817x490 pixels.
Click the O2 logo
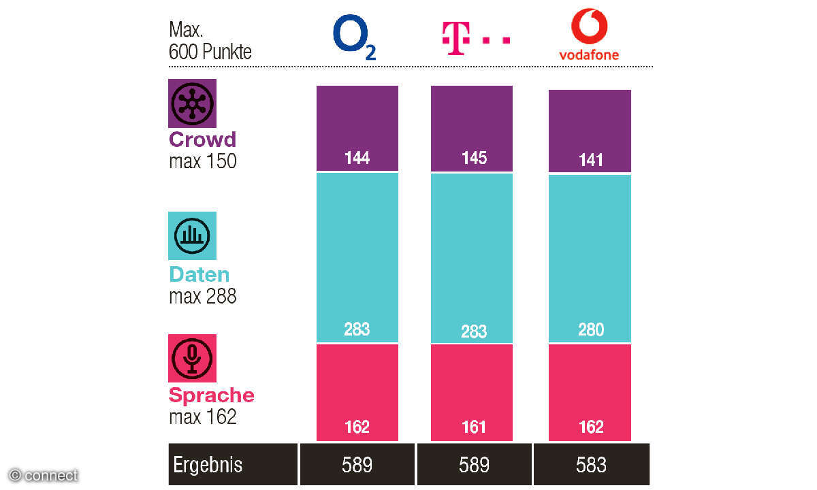(x=353, y=37)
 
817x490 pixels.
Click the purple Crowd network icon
(x=192, y=103)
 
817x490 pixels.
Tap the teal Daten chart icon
(x=192, y=235)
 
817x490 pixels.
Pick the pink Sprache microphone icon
(x=192, y=358)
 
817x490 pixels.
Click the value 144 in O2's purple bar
(x=357, y=158)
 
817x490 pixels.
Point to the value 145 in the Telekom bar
(x=474, y=158)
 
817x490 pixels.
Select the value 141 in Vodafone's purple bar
(x=590, y=160)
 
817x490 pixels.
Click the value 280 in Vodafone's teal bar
(x=590, y=330)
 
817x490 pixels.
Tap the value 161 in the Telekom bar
(x=474, y=427)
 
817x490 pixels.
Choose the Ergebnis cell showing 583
(x=590, y=465)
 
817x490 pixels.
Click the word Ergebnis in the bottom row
(x=208, y=465)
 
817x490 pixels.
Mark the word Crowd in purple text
(x=202, y=140)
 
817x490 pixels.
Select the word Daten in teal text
(x=199, y=275)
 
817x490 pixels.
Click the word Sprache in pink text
(x=211, y=395)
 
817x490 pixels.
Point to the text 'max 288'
(x=202, y=296)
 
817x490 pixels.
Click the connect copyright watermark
(x=44, y=476)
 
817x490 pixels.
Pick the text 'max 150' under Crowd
(x=202, y=161)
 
